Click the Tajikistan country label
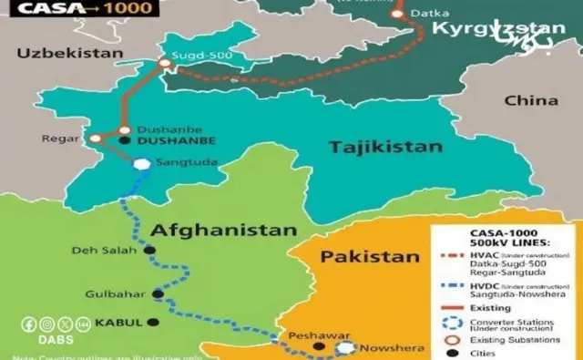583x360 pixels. point(386,146)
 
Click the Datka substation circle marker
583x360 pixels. point(396,14)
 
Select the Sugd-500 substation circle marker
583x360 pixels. point(163,64)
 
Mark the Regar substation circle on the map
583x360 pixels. point(94,139)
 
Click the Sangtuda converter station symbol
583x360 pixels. point(140,165)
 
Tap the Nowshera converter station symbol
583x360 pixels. point(344,348)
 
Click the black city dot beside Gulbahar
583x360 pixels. point(159,293)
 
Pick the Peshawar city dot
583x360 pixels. point(316,346)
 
